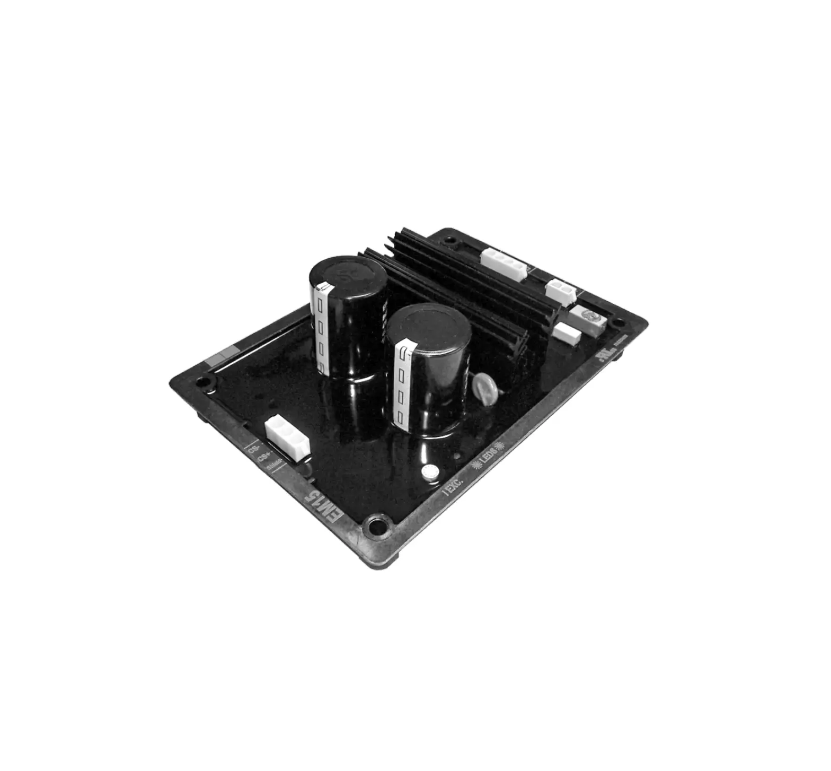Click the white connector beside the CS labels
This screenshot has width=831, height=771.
pos(286,438)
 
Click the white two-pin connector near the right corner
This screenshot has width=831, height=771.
pos(560,290)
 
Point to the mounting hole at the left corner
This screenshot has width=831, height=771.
pos(202,381)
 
